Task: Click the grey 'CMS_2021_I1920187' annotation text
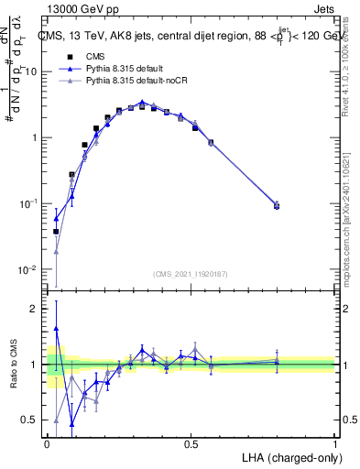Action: click(x=190, y=273)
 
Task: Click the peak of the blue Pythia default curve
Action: click(x=142, y=103)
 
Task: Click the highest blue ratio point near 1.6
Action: click(x=56, y=328)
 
